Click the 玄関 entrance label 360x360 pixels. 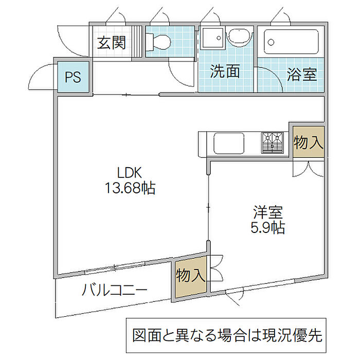[112, 42]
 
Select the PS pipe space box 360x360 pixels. [73, 77]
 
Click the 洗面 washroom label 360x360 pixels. [225, 71]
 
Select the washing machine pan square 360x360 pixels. [212, 38]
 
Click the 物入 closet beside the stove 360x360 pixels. [308, 142]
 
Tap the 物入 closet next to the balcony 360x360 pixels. [190, 276]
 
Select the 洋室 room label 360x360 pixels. [268, 211]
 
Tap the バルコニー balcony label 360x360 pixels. [115, 292]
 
